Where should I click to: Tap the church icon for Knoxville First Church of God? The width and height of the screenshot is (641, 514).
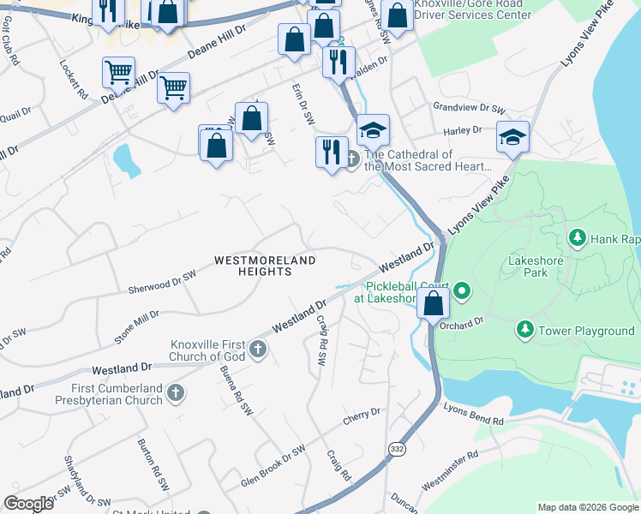click(x=257, y=350)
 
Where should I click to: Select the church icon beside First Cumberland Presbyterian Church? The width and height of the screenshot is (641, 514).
click(x=175, y=392)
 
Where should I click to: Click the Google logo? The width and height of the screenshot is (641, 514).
click(x=28, y=504)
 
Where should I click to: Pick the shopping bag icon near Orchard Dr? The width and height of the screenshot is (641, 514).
click(x=434, y=302)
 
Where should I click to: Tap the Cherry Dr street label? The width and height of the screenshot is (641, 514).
click(x=361, y=415)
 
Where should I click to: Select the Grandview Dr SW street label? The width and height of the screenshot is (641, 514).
click(x=470, y=109)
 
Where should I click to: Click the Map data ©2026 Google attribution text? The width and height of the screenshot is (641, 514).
click(x=588, y=507)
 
